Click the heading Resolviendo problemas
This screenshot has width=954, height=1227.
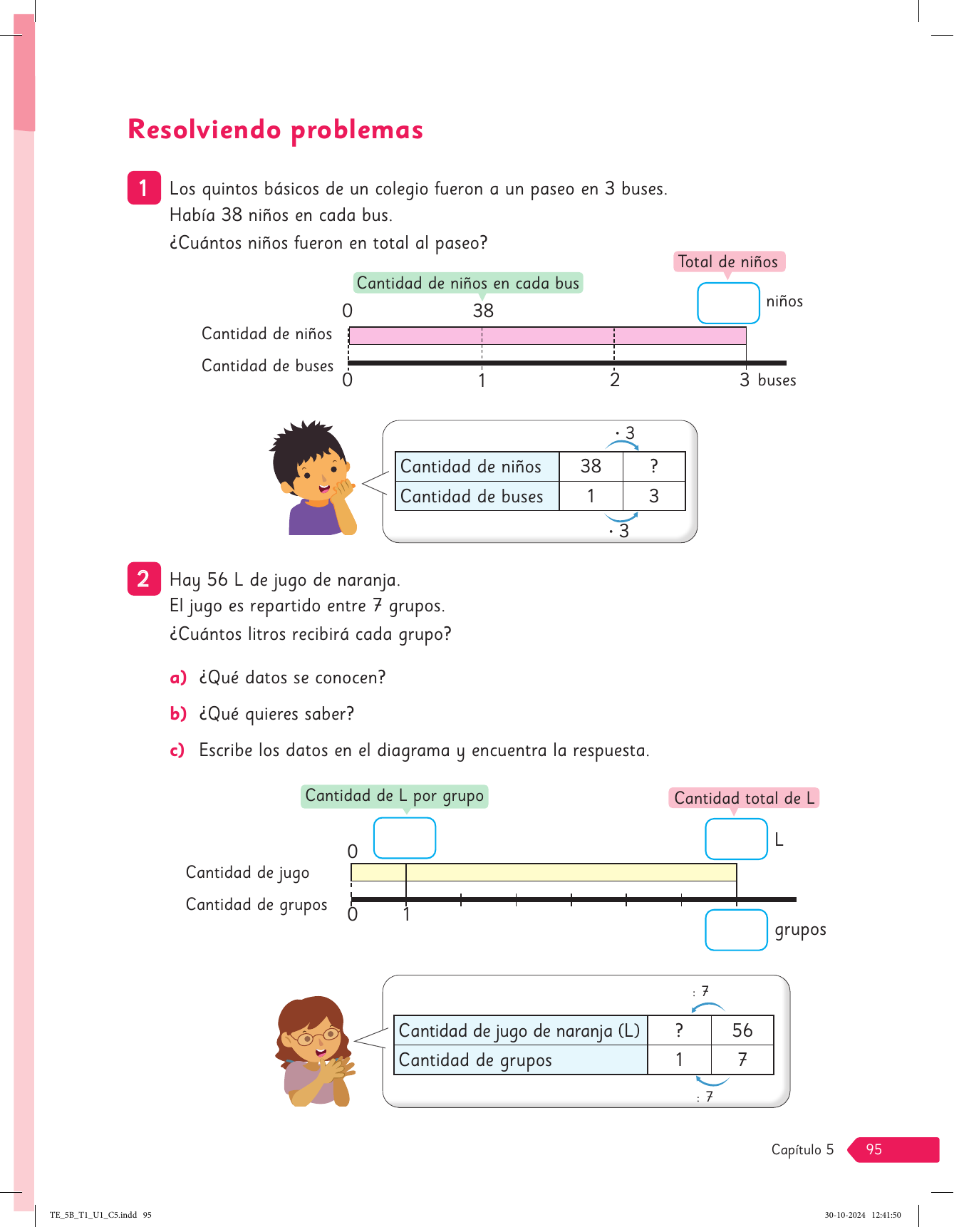click(x=275, y=130)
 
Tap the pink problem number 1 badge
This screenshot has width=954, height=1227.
click(x=144, y=188)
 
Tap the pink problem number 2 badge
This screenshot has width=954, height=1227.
click(x=144, y=579)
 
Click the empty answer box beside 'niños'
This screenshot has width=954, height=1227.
click(x=728, y=304)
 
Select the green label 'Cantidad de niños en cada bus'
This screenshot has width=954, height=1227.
click(x=468, y=283)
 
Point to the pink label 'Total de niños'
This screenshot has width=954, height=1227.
click(x=728, y=262)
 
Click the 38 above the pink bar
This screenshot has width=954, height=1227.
click(x=483, y=311)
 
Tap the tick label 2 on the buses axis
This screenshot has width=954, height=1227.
click(x=614, y=380)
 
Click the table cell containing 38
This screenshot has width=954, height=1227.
click(x=591, y=466)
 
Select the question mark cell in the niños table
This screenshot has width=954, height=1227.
click(x=654, y=466)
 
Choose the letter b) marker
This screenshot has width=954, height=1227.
click(x=178, y=713)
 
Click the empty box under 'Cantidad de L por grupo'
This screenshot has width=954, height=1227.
click(x=405, y=838)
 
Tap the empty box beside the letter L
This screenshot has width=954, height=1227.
click(x=736, y=839)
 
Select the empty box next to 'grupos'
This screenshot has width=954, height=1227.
click(x=736, y=930)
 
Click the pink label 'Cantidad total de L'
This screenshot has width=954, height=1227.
click(x=744, y=798)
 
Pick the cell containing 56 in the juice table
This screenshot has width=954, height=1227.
click(x=742, y=1030)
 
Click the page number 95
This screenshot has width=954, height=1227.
click(x=874, y=1149)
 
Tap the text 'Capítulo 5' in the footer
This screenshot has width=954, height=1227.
click(x=802, y=1149)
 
